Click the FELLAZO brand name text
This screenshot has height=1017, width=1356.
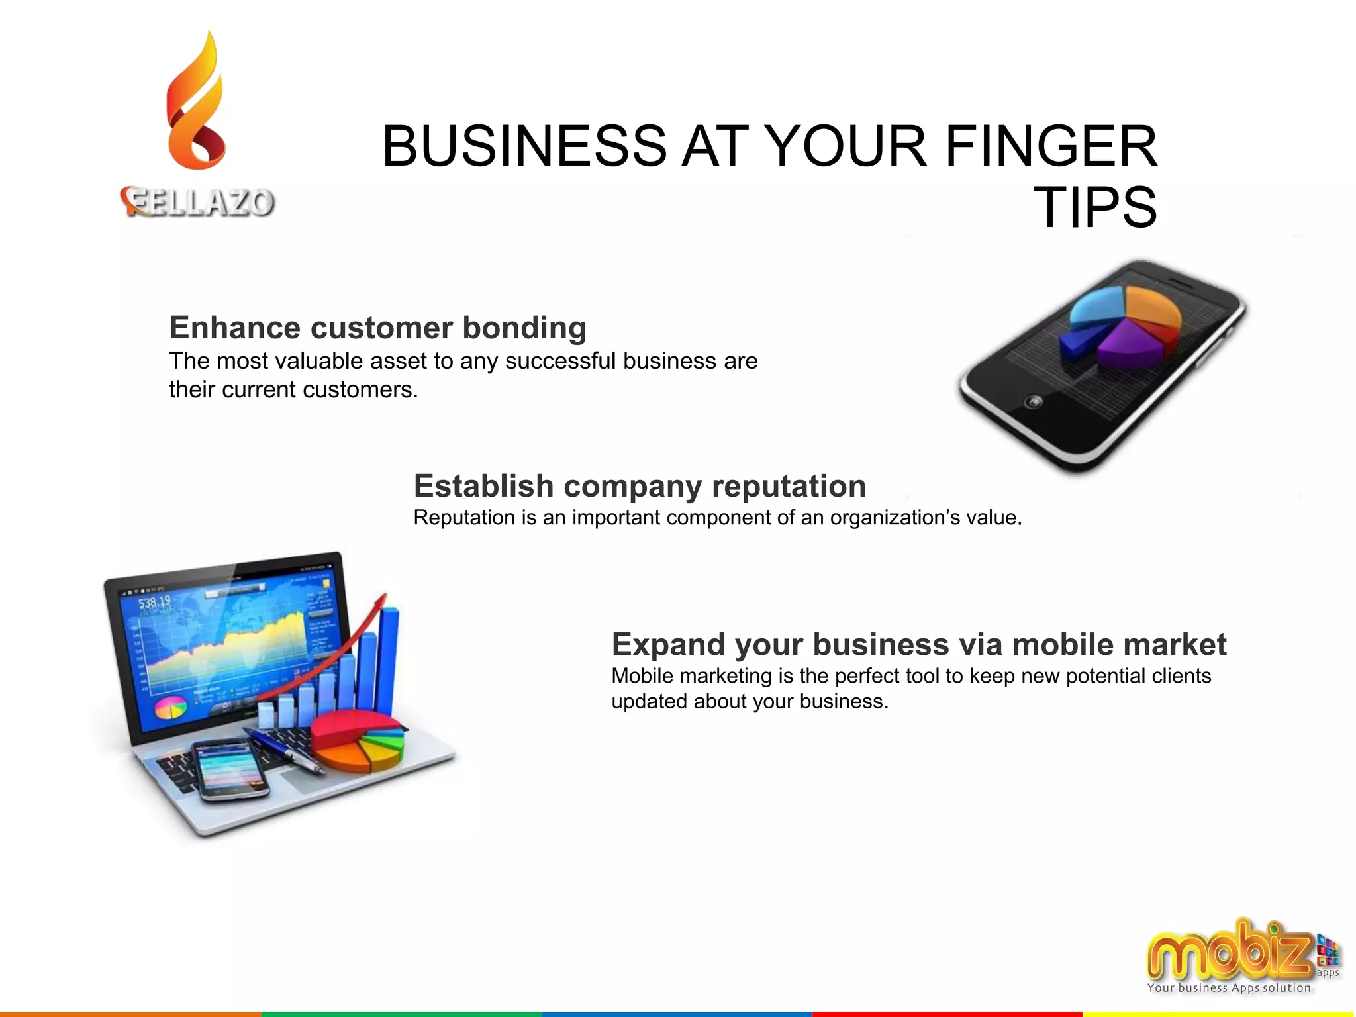[198, 202]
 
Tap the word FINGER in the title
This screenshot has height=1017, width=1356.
[1051, 146]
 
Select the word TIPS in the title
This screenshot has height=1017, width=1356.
[1095, 207]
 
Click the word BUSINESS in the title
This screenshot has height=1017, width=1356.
[524, 146]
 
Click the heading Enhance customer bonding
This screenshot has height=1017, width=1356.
[377, 328]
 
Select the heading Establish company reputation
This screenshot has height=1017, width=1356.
[640, 486]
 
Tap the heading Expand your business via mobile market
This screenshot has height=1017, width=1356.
[918, 644]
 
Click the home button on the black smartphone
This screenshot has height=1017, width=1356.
[1034, 401]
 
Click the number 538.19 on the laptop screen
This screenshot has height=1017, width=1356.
[154, 603]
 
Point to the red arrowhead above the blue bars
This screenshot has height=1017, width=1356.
[381, 601]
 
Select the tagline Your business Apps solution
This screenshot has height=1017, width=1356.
[1228, 988]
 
